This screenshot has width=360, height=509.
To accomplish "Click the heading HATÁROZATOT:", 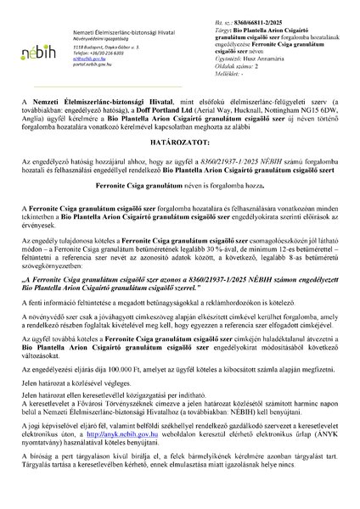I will click(x=179, y=167).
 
